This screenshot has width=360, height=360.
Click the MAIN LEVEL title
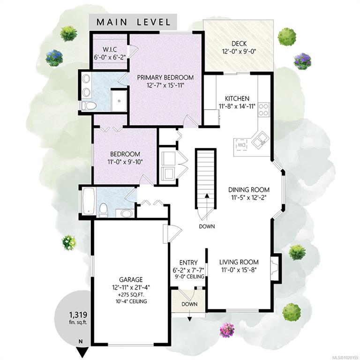(134, 22)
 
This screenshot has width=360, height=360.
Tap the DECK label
(239, 44)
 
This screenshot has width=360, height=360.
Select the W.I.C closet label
(110, 49)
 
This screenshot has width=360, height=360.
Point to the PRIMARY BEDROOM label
(165, 77)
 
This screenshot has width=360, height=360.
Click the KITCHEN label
(237, 98)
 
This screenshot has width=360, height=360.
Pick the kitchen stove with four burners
(264, 110)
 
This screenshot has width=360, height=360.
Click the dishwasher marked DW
(241, 145)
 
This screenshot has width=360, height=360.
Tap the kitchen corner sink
(260, 139)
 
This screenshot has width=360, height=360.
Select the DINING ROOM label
(249, 190)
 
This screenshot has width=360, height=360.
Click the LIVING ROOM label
(239, 262)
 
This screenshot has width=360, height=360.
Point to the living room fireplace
(276, 267)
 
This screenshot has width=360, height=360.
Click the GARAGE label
(131, 279)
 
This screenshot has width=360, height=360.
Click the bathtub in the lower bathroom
(89, 202)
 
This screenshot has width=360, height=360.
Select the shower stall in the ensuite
(119, 101)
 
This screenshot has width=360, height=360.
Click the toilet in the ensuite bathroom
(89, 106)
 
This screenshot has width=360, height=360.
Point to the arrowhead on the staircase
(207, 195)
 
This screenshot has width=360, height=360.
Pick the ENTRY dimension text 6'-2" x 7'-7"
(188, 270)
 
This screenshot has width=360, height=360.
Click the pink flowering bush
(227, 330)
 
